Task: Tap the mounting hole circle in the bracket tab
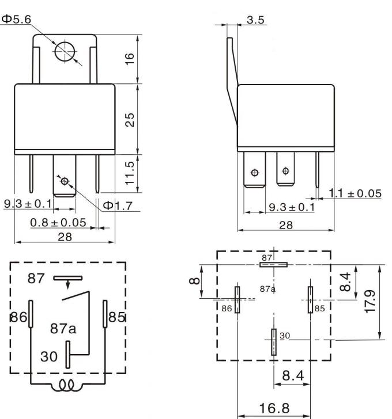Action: click(65, 51)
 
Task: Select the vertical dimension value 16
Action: click(130, 59)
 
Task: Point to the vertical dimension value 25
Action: click(130, 119)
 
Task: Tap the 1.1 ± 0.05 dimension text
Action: click(354, 193)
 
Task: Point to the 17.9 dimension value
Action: click(371, 302)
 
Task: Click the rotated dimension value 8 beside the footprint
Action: click(195, 281)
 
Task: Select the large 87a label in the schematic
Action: click(63, 329)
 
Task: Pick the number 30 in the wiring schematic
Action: click(48, 355)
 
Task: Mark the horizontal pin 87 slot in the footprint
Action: click(273, 265)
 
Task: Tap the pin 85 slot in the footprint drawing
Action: click(310, 299)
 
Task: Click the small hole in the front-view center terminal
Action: click(64, 181)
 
